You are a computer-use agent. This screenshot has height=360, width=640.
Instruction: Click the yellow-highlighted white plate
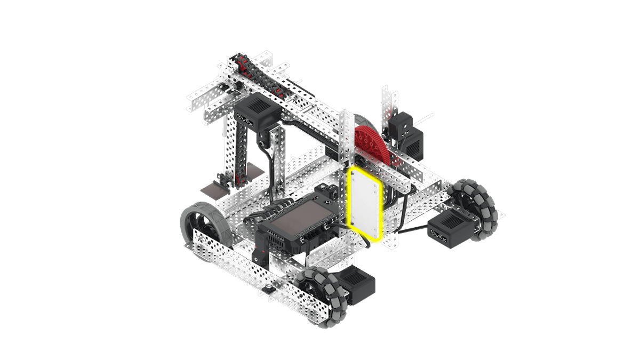click(x=365, y=204)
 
